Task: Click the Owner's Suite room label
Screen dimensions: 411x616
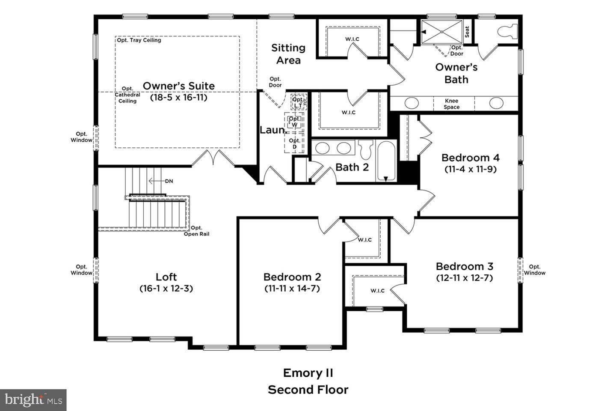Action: (x=178, y=86)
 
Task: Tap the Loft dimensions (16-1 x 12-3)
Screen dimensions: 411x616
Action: (x=166, y=289)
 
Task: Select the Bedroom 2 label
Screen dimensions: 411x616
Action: (x=292, y=277)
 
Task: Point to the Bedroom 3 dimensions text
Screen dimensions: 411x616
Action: (x=464, y=278)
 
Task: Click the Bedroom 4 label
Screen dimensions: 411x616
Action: (x=470, y=158)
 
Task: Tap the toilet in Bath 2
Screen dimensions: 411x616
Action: (x=366, y=149)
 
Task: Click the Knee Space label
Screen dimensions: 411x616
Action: (x=451, y=104)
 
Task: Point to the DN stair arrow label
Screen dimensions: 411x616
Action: (x=169, y=181)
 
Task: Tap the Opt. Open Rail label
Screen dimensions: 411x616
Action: (x=196, y=231)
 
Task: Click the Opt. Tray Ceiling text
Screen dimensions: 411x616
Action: (x=139, y=40)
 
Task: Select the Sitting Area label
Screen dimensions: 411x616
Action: (x=288, y=54)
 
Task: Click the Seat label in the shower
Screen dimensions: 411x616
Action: (x=467, y=32)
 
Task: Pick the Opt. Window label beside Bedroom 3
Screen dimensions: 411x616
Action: (x=534, y=270)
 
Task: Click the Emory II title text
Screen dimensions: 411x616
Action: (x=308, y=373)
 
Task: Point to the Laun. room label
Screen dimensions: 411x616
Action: (x=272, y=130)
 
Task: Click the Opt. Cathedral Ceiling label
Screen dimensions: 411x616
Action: (x=127, y=95)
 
